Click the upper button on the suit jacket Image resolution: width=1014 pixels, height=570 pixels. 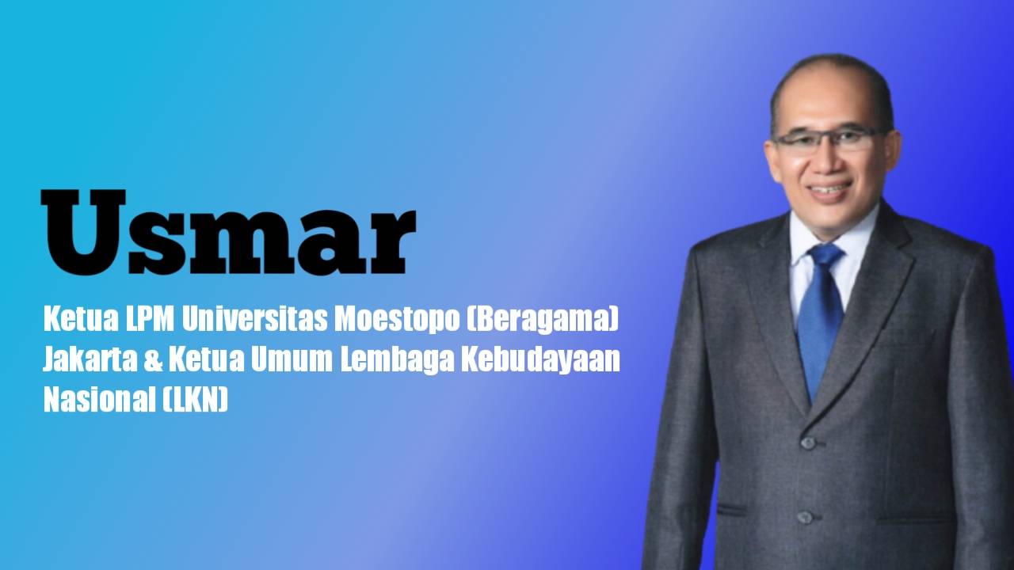click(x=808, y=443)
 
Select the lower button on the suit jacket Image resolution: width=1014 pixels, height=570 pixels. click(x=806, y=517)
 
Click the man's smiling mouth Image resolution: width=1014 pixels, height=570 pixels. click(x=829, y=191)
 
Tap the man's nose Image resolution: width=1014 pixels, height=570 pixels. click(x=825, y=162)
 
